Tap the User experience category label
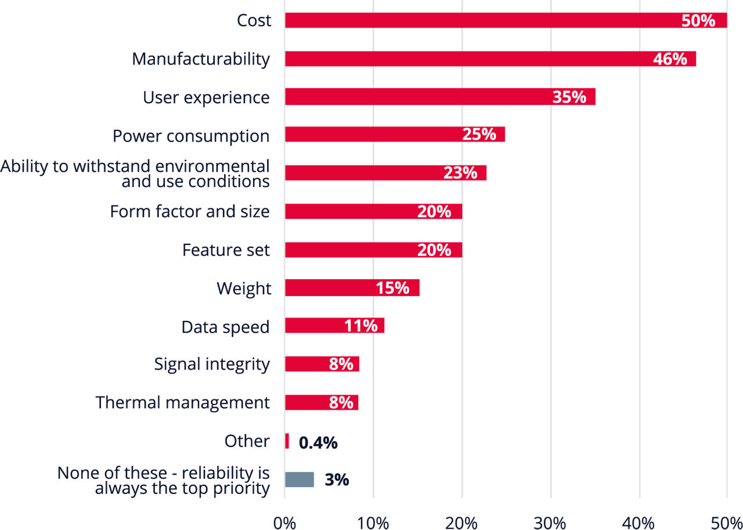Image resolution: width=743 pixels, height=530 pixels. pyautogui.click(x=206, y=98)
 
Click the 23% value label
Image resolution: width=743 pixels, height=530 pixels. pyautogui.click(x=460, y=173)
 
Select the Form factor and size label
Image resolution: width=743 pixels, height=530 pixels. pyautogui.click(x=190, y=211)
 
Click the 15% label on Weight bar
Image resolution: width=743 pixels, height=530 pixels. pyautogui.click(x=392, y=288)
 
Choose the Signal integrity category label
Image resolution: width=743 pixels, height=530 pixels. pyautogui.click(x=212, y=364)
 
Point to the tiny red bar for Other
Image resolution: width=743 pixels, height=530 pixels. pyautogui.click(x=287, y=441)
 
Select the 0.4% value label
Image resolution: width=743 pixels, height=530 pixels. pyautogui.click(x=318, y=443)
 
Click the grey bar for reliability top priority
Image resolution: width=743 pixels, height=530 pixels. pyautogui.click(x=300, y=479)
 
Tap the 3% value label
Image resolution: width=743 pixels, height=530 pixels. pyautogui.click(x=337, y=480)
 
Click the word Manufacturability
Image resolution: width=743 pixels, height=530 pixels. pyautogui.click(x=201, y=59)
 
